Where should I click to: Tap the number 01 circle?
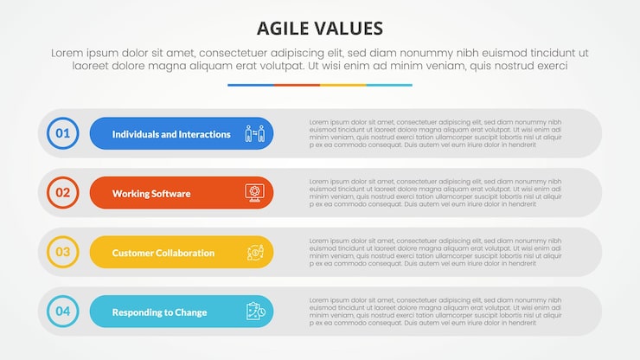click(x=63, y=133)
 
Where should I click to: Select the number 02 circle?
click(x=63, y=193)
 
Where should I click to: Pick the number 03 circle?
click(x=63, y=253)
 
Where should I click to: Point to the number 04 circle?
click(x=63, y=312)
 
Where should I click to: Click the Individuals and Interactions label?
click(x=171, y=134)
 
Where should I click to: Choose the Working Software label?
click(x=151, y=193)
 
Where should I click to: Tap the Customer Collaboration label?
click(x=163, y=253)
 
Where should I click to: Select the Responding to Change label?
click(x=159, y=312)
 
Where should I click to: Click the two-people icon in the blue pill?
click(x=254, y=134)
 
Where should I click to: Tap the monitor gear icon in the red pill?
click(x=254, y=193)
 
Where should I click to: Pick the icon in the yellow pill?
click(x=254, y=253)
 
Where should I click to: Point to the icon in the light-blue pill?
click(x=254, y=312)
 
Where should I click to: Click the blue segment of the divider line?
click(x=251, y=85)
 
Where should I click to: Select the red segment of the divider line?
click(x=297, y=85)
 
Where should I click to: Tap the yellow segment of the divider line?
click(x=342, y=85)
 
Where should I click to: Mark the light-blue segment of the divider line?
click(x=389, y=85)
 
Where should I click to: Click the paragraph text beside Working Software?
click(x=435, y=193)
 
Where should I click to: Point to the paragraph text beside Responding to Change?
click(x=435, y=312)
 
